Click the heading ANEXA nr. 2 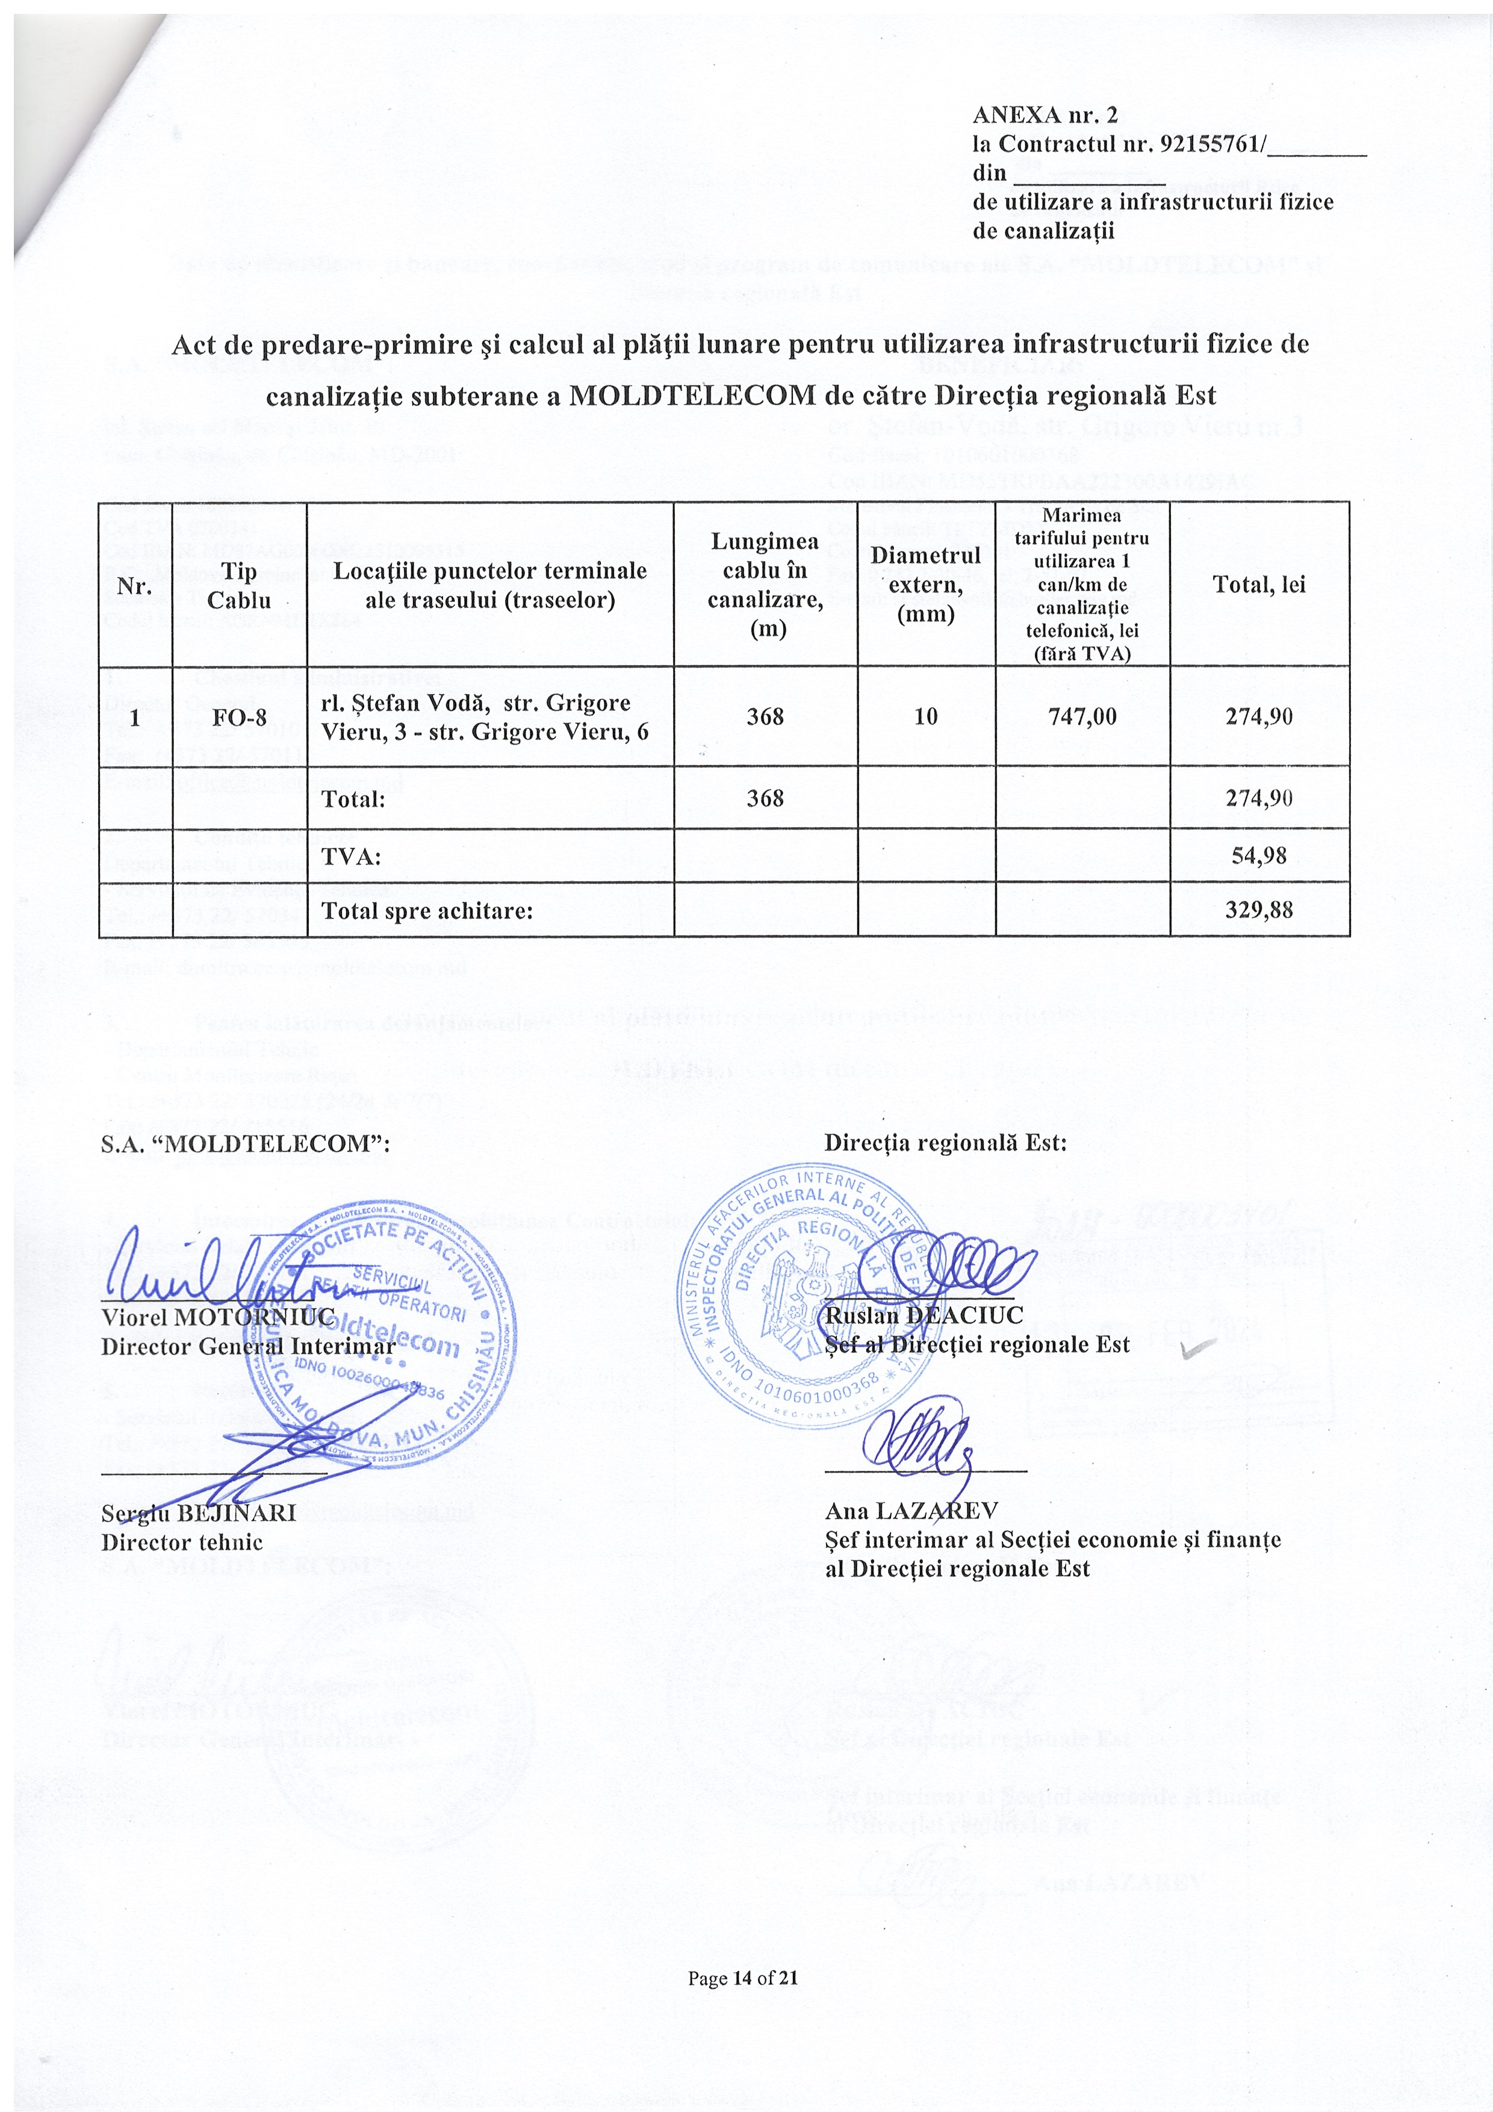(x=1045, y=115)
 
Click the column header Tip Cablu (x=239, y=585)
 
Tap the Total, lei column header (x=1259, y=585)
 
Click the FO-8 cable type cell (x=239, y=716)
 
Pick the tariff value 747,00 (x=1082, y=716)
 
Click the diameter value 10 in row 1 (x=925, y=716)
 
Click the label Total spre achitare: (x=427, y=912)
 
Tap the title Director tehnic (x=181, y=1542)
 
